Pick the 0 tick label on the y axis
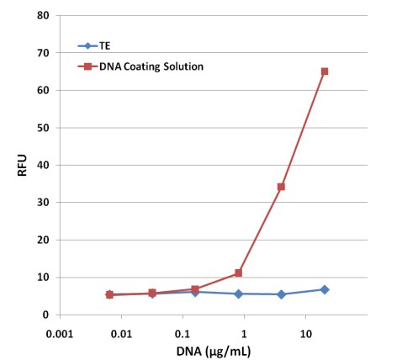(x=46, y=315)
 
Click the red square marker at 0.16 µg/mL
(x=195, y=289)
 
